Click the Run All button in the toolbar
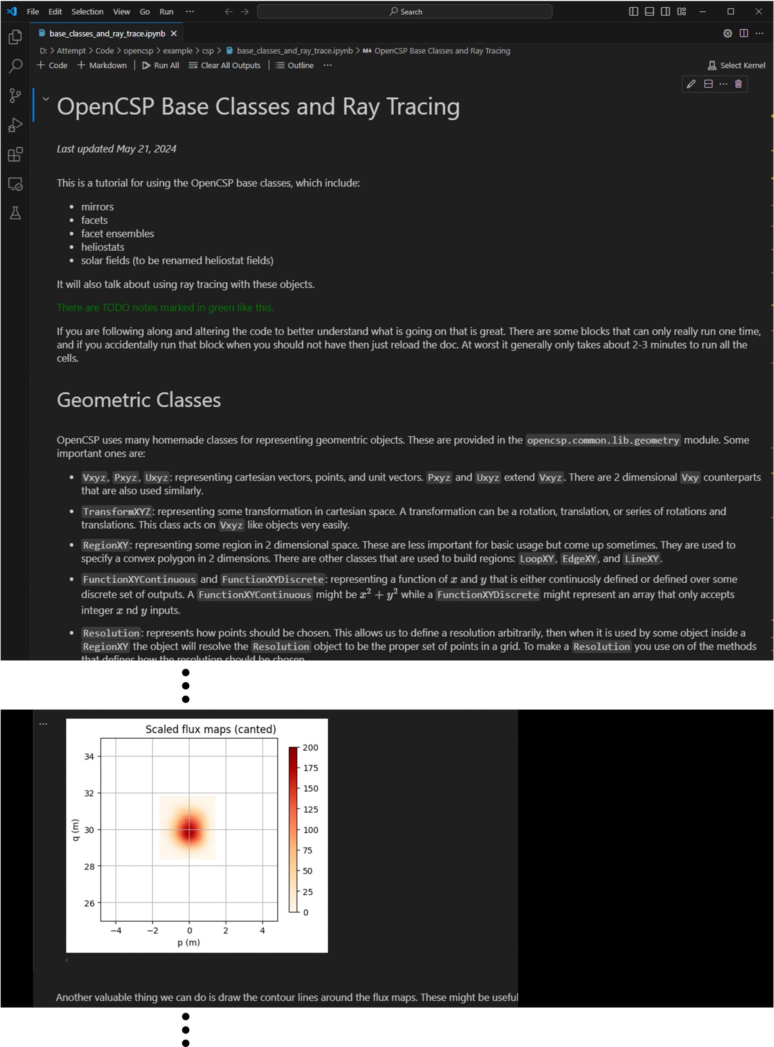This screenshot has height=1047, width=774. coord(161,65)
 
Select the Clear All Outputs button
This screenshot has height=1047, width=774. coord(224,65)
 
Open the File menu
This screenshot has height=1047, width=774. coord(33,11)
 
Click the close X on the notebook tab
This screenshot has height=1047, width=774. coord(174,33)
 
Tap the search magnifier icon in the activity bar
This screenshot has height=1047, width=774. coord(16,66)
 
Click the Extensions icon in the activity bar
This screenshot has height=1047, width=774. coord(16,154)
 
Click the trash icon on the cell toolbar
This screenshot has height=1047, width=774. coord(738,84)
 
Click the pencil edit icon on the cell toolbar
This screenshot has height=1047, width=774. coord(691,84)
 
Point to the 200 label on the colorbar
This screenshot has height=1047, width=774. coord(310,747)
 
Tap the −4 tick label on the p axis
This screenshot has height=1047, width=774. coord(116,930)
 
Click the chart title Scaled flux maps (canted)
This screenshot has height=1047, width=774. coord(211,729)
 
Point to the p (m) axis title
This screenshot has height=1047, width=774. coord(189,942)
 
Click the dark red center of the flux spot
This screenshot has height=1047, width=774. coord(189,829)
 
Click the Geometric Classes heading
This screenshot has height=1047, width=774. coord(139,400)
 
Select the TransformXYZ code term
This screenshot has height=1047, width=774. coord(117,511)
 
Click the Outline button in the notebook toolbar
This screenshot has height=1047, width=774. coord(295,65)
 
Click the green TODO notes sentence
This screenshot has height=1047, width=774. coord(165,308)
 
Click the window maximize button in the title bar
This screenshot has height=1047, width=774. coord(730,11)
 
